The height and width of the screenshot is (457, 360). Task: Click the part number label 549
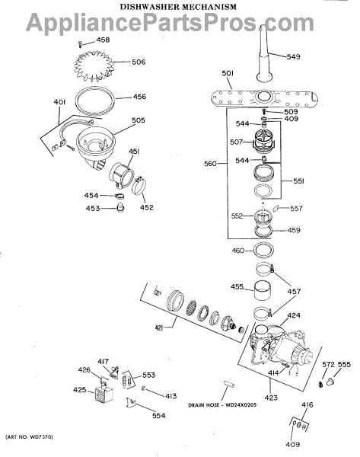(x=293, y=56)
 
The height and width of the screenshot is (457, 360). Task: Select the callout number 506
(x=139, y=62)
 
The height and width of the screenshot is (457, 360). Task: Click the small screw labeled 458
(x=80, y=44)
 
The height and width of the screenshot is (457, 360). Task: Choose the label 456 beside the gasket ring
(x=139, y=97)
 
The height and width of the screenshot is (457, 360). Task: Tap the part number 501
(x=228, y=73)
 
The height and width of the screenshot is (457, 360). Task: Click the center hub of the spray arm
(x=264, y=96)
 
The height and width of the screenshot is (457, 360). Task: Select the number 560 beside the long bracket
(x=210, y=164)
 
